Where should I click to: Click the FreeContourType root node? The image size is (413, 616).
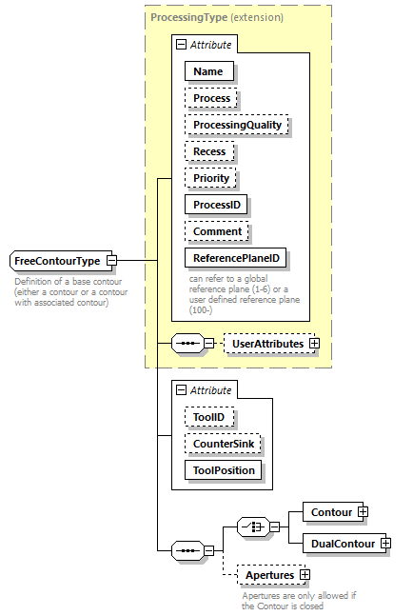pos(57,260)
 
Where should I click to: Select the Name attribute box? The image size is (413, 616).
pos(208,71)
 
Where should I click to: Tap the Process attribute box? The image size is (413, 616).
pos(211,98)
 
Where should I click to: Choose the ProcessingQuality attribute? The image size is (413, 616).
pos(236,125)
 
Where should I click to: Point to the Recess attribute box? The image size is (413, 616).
pos(209,151)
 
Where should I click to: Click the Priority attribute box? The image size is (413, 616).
pos(210,178)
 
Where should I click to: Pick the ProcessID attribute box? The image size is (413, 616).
pos(216,205)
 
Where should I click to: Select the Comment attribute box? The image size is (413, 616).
pos(217,231)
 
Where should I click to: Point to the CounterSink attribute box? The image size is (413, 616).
pos(223,443)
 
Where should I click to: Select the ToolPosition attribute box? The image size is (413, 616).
pos(223,469)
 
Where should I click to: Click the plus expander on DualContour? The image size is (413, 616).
pos(385,543)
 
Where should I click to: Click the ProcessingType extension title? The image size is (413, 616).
pos(216,18)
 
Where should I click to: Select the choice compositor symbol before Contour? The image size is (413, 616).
pos(251,527)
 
